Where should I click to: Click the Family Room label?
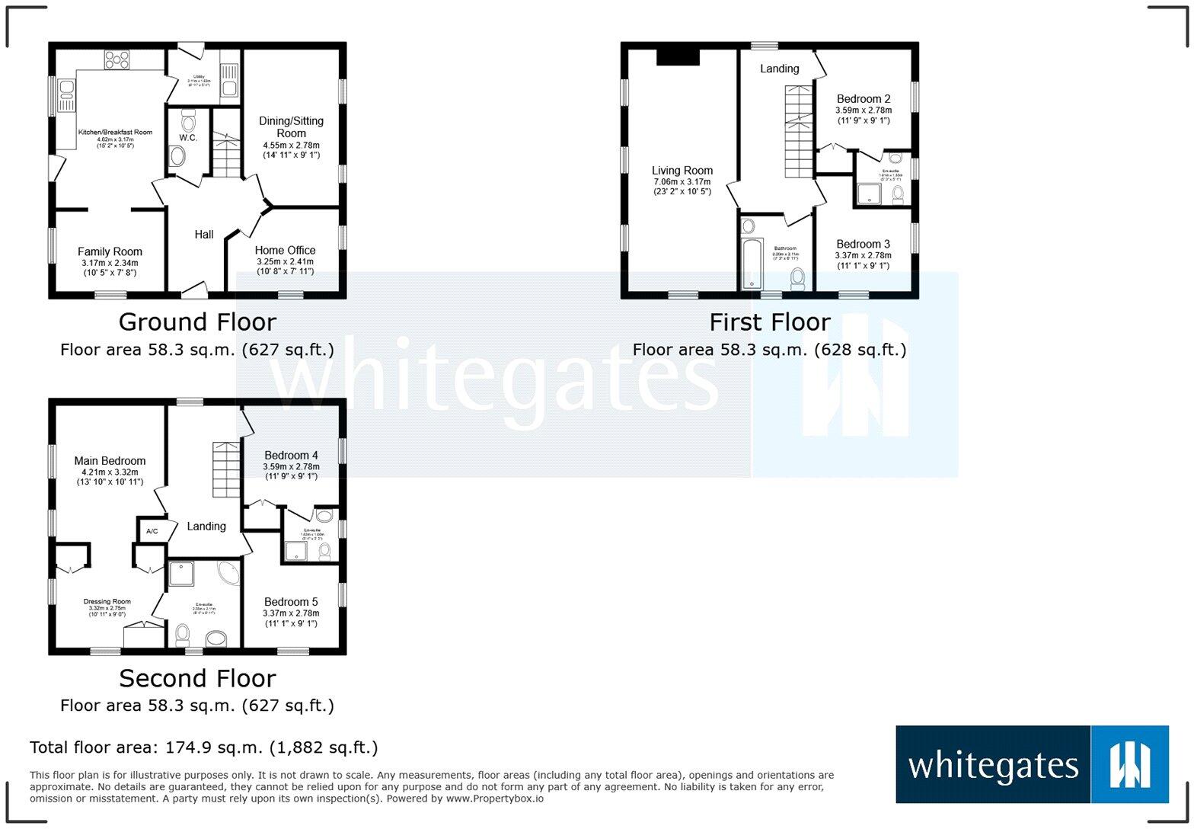110,251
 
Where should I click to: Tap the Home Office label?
285,250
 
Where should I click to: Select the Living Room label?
682,171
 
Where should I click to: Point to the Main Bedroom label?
110,460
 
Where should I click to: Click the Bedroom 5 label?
291,602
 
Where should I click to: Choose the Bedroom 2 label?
864,99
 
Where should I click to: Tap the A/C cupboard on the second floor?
152,531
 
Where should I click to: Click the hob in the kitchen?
117,59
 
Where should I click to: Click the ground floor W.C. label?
188,138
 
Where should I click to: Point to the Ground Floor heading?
197,322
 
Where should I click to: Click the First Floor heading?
769,322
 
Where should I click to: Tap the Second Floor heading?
197,678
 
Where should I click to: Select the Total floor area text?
203,747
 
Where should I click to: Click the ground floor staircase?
226,152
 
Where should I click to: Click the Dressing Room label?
107,601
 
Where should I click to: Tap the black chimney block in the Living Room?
678,59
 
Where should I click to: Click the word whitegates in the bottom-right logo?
993,765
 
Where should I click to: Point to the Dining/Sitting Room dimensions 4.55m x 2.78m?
291,146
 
